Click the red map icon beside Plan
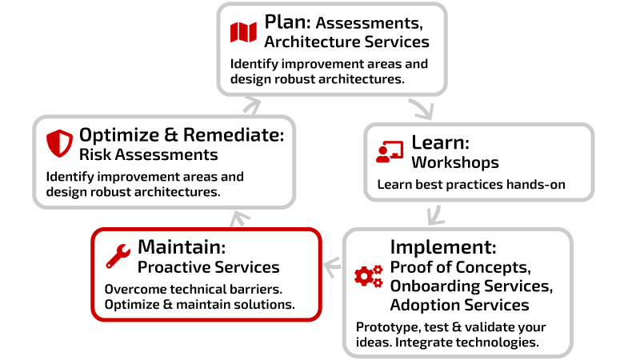tap(243, 32)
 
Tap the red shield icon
tap(59, 143)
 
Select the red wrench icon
tap(118, 256)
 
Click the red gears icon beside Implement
tap(369, 276)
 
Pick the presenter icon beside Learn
tap(390, 152)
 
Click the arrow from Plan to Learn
tap(422, 108)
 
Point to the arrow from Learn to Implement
tap(435, 215)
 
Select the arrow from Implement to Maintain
tap(333, 267)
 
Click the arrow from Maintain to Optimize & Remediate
tap(240, 219)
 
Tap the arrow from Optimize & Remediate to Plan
tap(251, 106)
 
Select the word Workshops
tap(455, 163)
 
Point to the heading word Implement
tap(441, 247)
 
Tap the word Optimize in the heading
tap(119, 135)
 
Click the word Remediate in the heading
tap(231, 134)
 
